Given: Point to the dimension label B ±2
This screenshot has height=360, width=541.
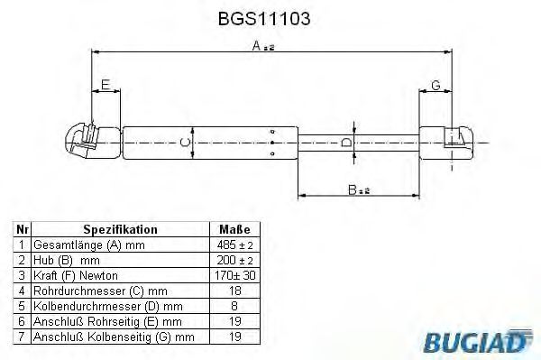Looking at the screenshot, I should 358,190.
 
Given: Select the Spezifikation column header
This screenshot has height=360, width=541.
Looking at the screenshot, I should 120,230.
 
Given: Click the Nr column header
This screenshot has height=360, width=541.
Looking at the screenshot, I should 21,230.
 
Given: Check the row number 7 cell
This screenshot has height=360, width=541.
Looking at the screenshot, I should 21,337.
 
